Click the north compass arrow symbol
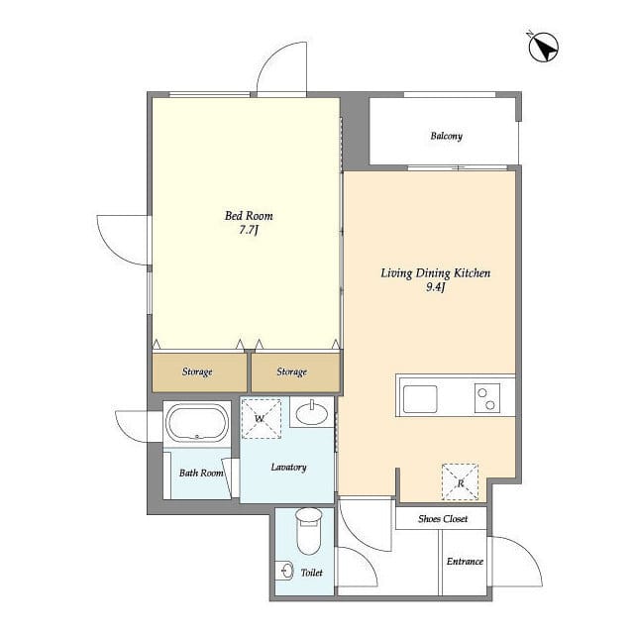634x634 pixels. click(544, 47)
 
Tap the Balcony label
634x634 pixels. click(446, 136)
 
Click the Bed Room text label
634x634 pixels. click(249, 216)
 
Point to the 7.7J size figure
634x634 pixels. click(249, 231)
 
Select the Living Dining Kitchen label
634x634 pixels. click(436, 273)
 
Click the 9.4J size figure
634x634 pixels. click(436, 288)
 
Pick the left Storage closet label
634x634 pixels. click(197, 372)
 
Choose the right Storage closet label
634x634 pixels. click(291, 372)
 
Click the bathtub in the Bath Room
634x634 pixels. click(197, 424)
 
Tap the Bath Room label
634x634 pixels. click(200, 473)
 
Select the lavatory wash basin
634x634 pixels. click(312, 412)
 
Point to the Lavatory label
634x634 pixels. click(287, 467)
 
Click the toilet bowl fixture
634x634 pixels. click(310, 532)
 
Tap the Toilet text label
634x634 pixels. click(311, 573)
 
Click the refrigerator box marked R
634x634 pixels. click(460, 482)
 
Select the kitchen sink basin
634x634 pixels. click(419, 399)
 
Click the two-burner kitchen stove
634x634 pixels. click(487, 398)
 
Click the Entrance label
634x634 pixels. click(464, 562)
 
